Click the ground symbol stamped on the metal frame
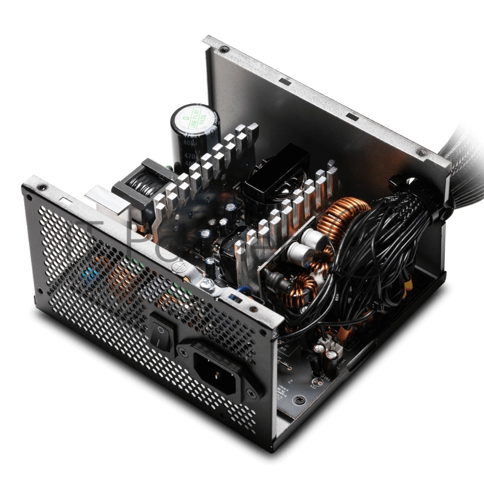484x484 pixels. [180, 264]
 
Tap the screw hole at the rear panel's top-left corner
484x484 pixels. [42, 188]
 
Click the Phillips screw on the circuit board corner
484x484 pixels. [298, 399]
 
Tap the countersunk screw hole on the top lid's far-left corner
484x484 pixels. [224, 48]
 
